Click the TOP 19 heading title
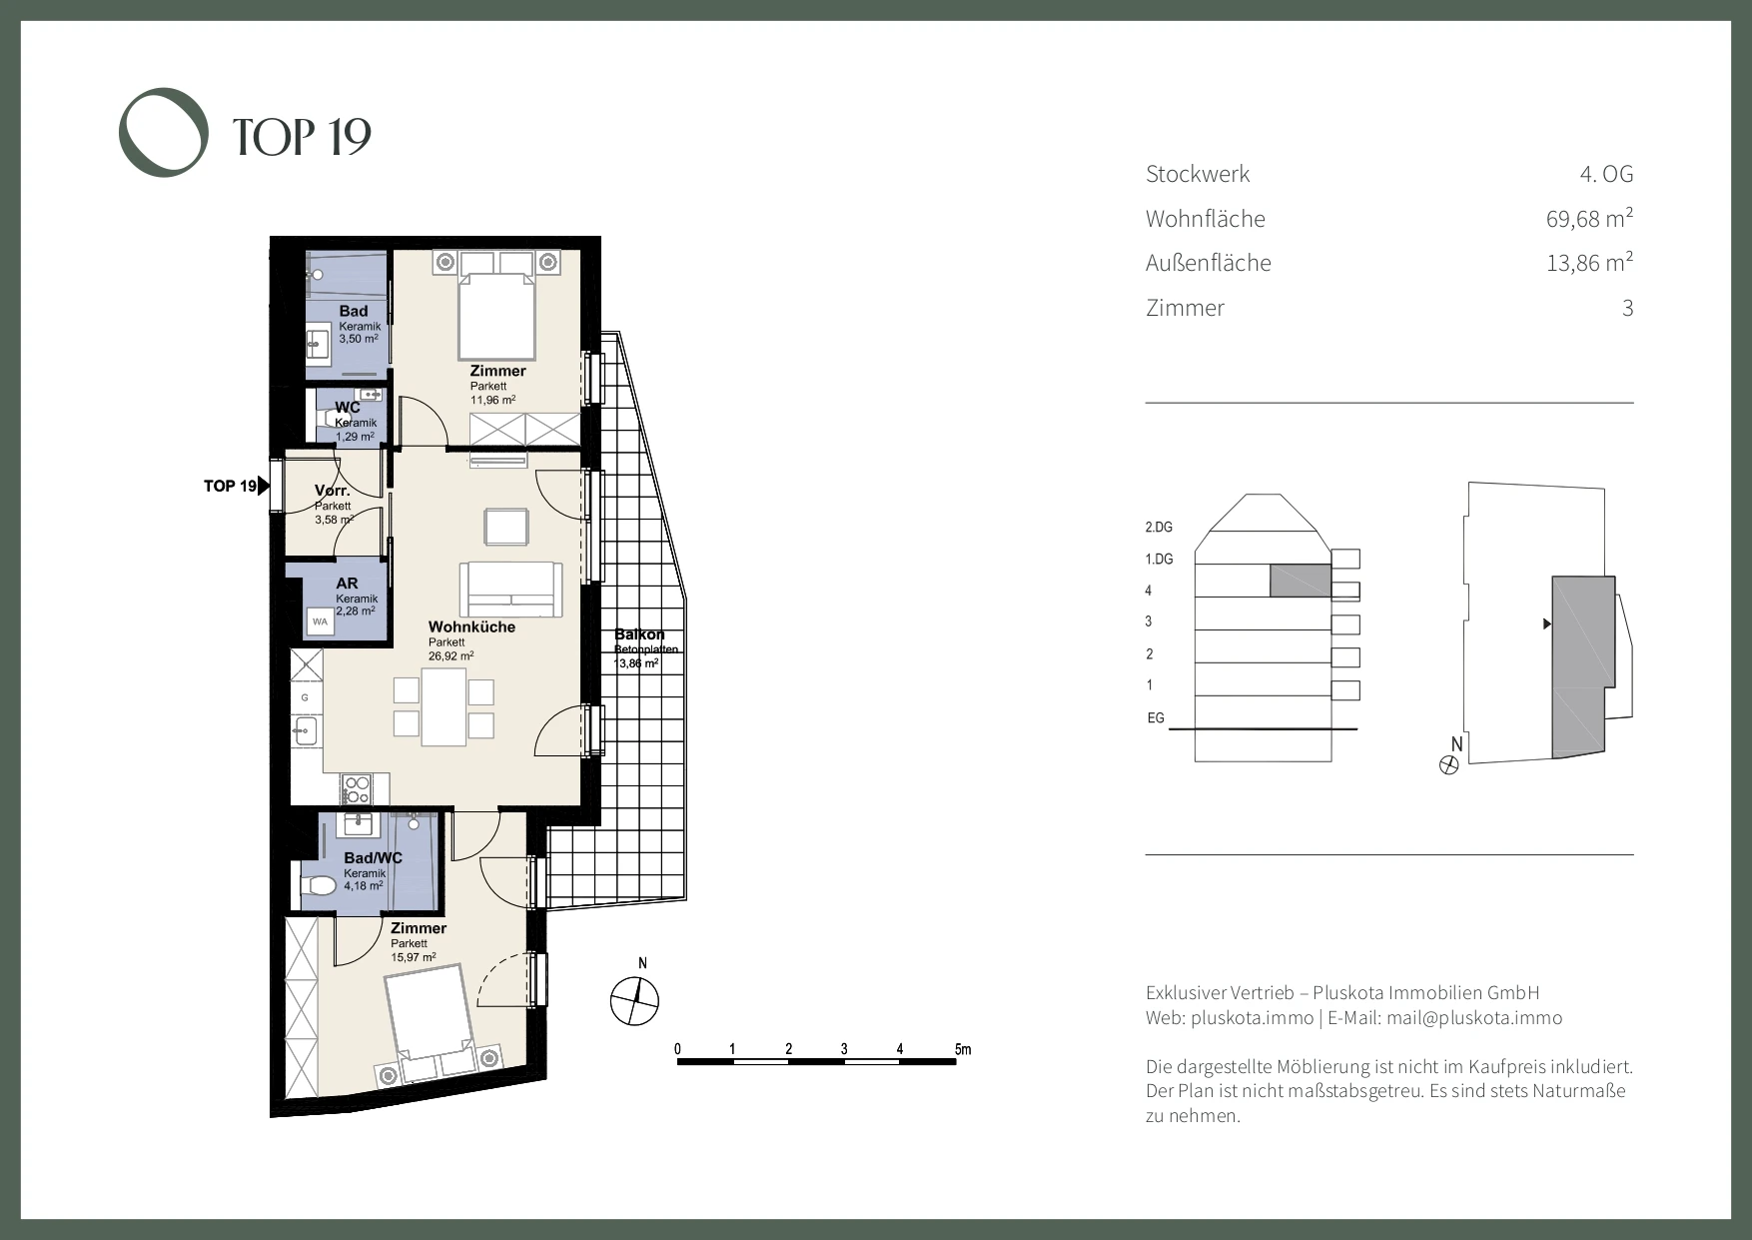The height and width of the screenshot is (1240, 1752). pos(302,137)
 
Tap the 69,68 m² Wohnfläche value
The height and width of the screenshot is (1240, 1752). pos(1589,218)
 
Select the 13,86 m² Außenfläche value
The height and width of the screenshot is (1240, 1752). pos(1589,263)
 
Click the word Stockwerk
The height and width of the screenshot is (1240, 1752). pos(1198,174)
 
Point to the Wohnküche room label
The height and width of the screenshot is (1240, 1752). pos(471,626)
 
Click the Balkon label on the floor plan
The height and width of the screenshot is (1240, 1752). pos(639,634)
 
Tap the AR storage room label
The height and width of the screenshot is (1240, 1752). pos(347,584)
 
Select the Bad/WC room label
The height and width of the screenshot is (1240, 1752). pos(373,858)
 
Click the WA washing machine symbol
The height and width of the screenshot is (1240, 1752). pos(320,621)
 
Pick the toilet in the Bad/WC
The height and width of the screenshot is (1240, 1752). pos(319,886)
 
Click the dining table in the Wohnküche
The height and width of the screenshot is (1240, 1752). pos(443,707)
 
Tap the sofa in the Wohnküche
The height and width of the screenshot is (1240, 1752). pos(510,590)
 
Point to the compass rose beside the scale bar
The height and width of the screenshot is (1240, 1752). pos(635,999)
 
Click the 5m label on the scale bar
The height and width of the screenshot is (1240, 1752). pos(963,1049)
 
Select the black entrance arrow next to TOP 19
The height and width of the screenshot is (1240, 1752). pos(264,487)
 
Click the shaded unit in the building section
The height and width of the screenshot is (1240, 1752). pos(1301,581)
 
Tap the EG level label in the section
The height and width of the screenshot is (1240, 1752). pos(1156,718)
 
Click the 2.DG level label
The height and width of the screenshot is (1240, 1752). pos(1159,527)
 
